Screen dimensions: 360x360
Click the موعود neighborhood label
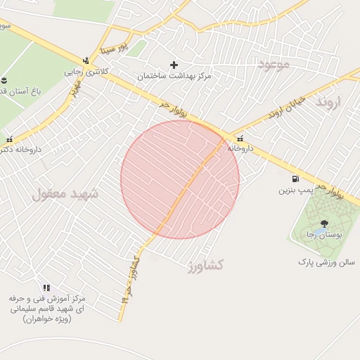pyautogui.click(x=274, y=65)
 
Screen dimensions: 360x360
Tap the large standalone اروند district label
pyautogui.click(x=328, y=103)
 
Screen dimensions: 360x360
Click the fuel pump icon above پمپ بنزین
pyautogui.click(x=294, y=179)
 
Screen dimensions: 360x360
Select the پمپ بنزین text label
pyautogui.click(x=294, y=190)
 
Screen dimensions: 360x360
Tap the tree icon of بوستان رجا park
pyautogui.click(x=323, y=224)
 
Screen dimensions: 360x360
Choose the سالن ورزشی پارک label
pyautogui.click(x=326, y=262)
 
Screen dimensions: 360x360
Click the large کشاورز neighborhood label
pyautogui.click(x=206, y=265)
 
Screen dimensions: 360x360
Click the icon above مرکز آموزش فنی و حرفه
pyautogui.click(x=46, y=288)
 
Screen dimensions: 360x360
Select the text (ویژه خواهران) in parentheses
pyautogui.click(x=46, y=319)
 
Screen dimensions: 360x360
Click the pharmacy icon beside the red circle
pyautogui.click(x=241, y=139)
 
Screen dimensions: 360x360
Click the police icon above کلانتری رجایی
pyautogui.click(x=86, y=60)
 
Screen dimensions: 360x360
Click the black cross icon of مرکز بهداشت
pyautogui.click(x=174, y=65)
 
